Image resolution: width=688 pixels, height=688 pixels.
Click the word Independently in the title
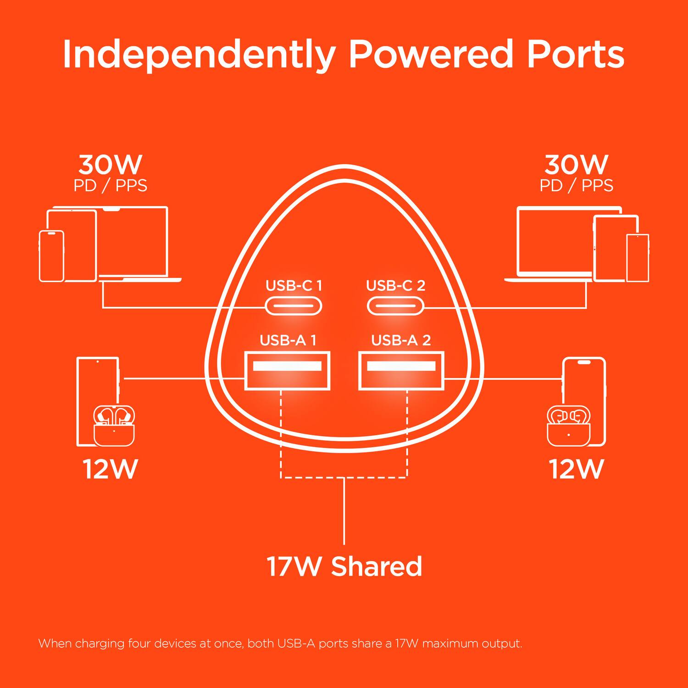tap(199, 55)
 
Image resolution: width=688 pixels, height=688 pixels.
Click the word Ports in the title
tap(575, 55)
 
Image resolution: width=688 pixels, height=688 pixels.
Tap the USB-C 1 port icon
tap(294, 306)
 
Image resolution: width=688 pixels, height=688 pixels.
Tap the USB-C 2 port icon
tap(395, 306)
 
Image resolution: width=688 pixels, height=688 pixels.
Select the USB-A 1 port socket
tap(287, 371)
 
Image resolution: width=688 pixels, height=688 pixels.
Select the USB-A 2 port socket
tap(401, 371)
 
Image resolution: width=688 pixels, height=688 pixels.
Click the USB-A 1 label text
tap(288, 340)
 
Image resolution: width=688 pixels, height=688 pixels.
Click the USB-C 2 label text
tap(395, 286)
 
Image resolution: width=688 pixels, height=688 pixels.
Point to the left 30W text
tap(110, 164)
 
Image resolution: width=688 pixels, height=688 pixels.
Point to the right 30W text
tap(576, 164)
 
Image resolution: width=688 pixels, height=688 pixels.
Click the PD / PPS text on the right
tap(576, 186)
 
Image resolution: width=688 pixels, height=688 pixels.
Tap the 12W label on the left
tap(110, 469)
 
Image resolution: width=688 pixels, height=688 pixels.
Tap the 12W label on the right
tap(576, 469)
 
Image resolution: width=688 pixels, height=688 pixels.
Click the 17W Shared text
tap(344, 566)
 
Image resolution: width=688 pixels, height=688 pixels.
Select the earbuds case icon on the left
tap(114, 427)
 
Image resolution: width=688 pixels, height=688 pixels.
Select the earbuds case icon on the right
tap(568, 427)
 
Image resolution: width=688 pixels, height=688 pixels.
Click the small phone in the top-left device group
tap(51, 256)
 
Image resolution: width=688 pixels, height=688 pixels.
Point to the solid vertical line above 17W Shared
tap(344, 511)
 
